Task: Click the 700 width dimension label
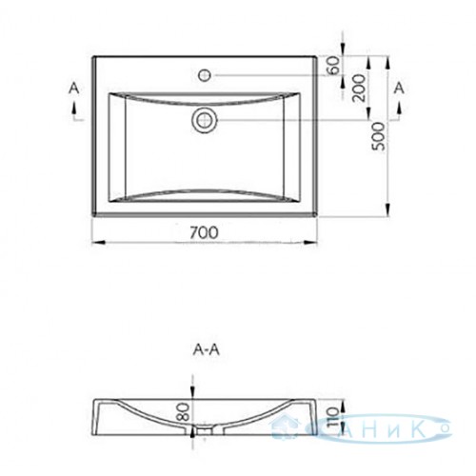click(x=205, y=232)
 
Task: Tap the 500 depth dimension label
click(x=378, y=136)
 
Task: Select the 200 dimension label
click(x=359, y=88)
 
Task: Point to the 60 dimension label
click(x=334, y=66)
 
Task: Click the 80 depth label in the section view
click(x=185, y=412)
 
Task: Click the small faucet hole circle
click(x=205, y=75)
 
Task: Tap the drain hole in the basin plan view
click(x=205, y=120)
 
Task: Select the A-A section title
click(x=207, y=350)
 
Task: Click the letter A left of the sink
click(x=74, y=89)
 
